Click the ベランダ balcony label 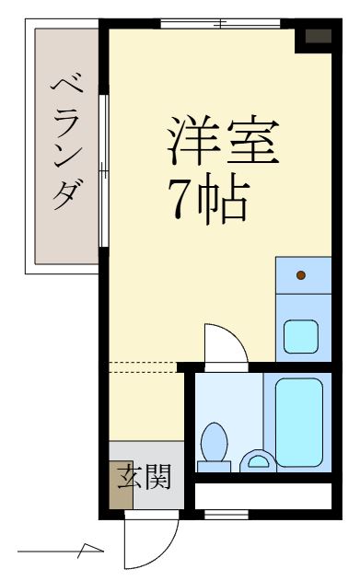pos(65,144)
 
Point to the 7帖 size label pos(206,197)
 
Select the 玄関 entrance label pos(144,477)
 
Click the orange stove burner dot pos(301,274)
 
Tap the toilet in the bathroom pos(215,442)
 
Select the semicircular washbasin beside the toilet pos(256,459)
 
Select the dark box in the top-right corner pos(317,37)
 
